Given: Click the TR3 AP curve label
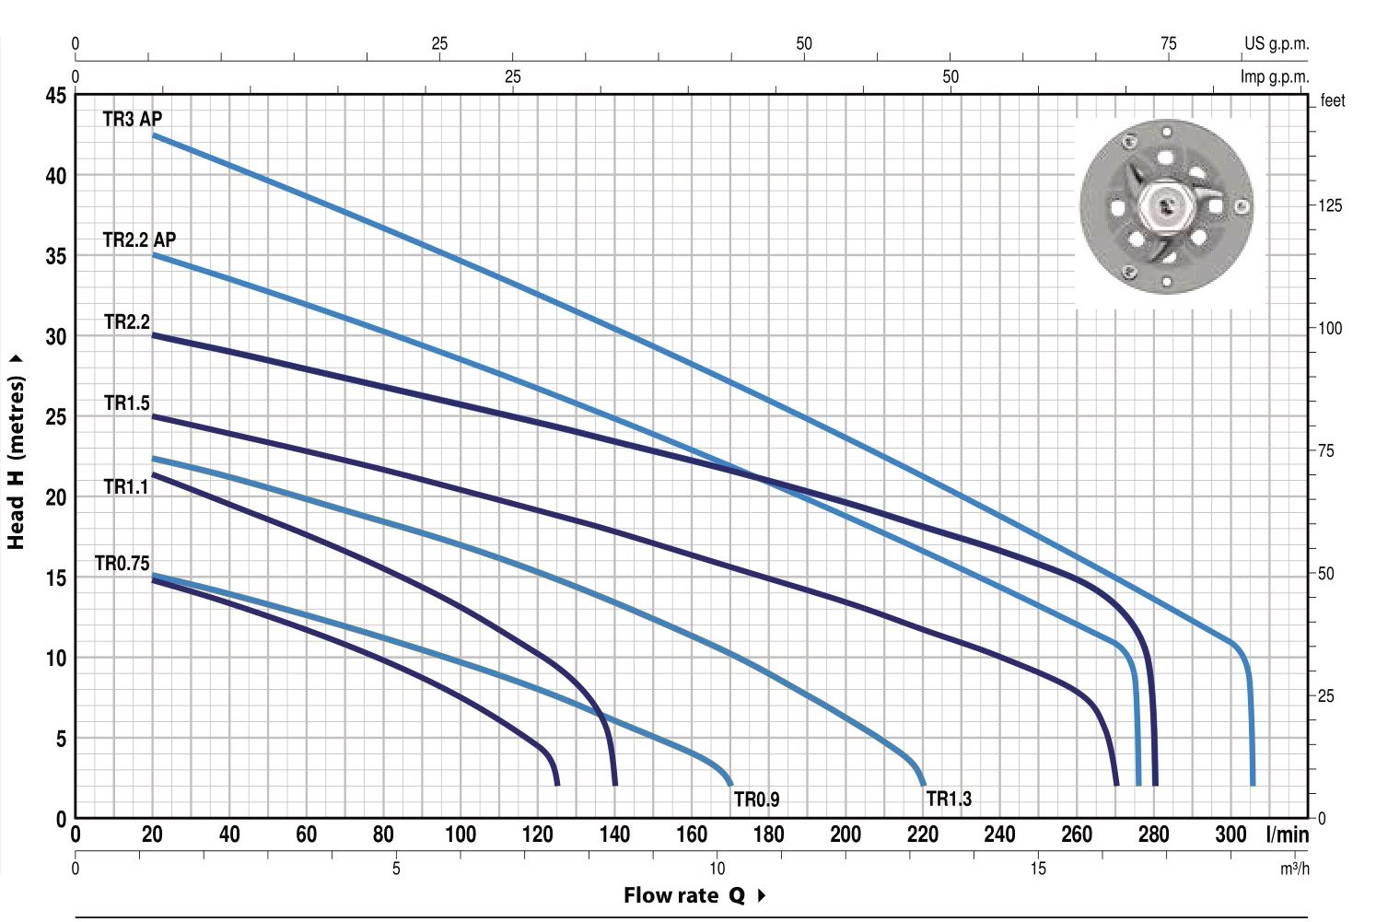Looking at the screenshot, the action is [x=133, y=118].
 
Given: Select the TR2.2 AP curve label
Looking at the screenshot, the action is [x=139, y=239].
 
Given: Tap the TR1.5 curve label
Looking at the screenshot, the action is [x=127, y=403].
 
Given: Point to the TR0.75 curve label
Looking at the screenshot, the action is [x=122, y=563].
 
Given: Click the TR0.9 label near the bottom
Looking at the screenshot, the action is [x=756, y=799].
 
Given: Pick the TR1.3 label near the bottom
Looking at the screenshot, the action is [x=949, y=799].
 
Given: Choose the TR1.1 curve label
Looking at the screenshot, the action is [x=126, y=487].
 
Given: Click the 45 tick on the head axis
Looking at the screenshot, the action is [x=56, y=96].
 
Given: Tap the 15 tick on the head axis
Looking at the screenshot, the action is [x=56, y=578].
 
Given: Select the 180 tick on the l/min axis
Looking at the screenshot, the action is [x=768, y=834].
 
